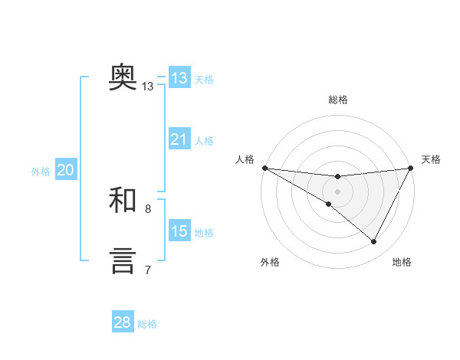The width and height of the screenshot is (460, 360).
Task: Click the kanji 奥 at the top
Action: [123, 77]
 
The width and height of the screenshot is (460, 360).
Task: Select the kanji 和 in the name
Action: [123, 200]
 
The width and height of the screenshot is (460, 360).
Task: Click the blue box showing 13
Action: [179, 78]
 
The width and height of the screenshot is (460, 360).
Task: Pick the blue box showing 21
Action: [179, 139]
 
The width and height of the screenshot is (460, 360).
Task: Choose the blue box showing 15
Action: [179, 231]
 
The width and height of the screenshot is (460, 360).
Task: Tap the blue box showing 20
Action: [65, 170]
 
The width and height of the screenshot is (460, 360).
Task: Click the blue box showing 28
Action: [122, 322]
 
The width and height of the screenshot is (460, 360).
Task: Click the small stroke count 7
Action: [148, 270]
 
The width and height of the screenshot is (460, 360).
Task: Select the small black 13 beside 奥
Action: [148, 87]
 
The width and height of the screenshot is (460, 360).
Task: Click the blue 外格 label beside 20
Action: [41, 172]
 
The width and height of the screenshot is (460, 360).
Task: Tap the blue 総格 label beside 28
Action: [147, 324]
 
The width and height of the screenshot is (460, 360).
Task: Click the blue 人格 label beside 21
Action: [204, 141]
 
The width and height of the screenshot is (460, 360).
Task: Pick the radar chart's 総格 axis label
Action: [338, 100]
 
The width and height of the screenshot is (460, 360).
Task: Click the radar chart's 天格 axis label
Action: [432, 159]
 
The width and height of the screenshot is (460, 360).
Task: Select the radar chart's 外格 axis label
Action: [270, 263]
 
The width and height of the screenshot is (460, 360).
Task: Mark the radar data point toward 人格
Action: [264, 168]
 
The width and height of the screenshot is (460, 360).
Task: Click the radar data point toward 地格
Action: [374, 242]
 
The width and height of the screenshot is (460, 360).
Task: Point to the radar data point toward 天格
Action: [411, 168]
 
